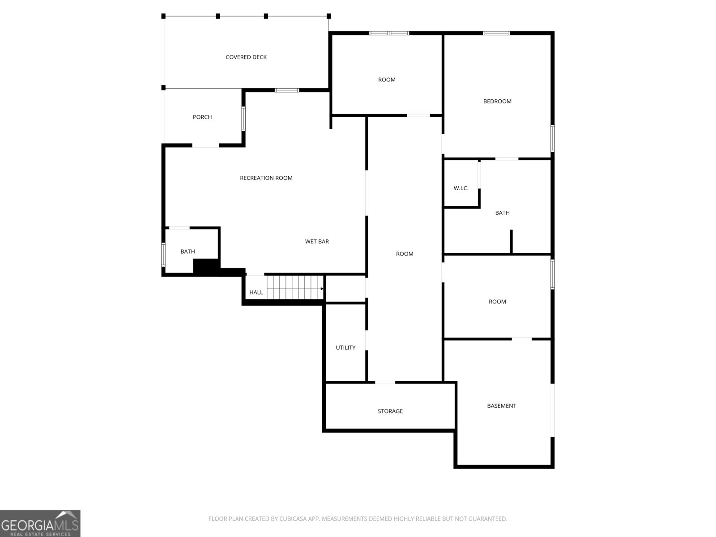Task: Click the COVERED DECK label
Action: tap(246, 57)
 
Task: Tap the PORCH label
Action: tap(202, 117)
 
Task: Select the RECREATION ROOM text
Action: tap(266, 178)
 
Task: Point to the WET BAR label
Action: tap(317, 242)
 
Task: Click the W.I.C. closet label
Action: tap(461, 188)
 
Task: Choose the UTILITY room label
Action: tap(345, 348)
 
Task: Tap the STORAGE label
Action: tap(390, 411)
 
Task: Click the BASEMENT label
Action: tap(501, 406)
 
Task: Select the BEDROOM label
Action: tap(497, 102)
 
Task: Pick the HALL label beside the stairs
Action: tap(256, 293)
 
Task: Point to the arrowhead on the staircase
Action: tap(322, 289)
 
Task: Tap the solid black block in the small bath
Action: tap(206, 266)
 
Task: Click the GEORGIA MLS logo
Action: tap(40, 523)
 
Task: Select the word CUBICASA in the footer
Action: tap(293, 519)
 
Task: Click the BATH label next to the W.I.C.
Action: tap(503, 213)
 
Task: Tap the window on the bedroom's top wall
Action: tap(496, 33)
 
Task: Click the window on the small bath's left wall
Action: tap(163, 254)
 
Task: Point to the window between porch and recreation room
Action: tap(243, 119)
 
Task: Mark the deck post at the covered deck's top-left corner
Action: tap(163, 16)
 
